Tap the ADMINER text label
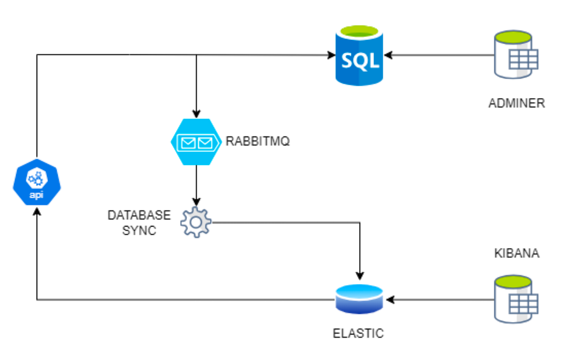click(517, 103)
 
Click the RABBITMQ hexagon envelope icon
click(196, 142)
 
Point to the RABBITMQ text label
click(257, 141)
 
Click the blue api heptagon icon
click(37, 183)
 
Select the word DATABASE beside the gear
click(139, 215)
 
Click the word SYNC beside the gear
click(139, 231)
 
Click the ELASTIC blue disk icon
click(359, 299)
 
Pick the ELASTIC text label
click(358, 333)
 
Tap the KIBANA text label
click(517, 253)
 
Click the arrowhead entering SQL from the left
click(331, 54)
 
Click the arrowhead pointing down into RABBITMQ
click(196, 114)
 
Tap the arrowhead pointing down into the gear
click(196, 201)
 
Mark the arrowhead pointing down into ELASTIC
click(360, 275)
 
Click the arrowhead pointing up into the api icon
click(37, 211)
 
